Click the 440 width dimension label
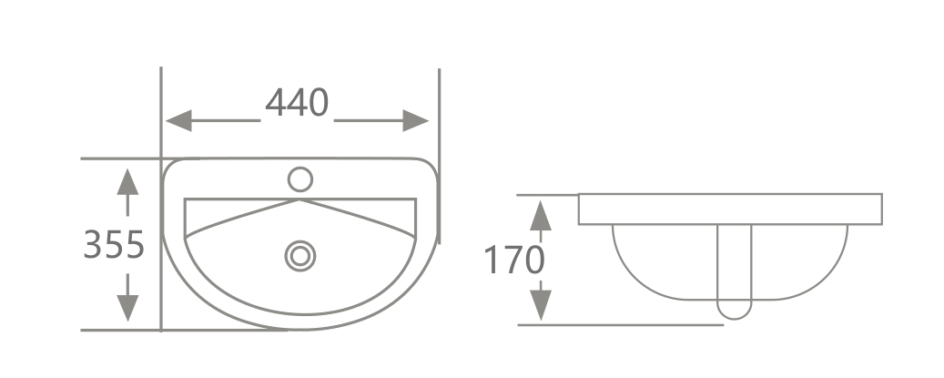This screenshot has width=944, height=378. (297, 103)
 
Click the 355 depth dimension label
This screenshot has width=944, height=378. (115, 244)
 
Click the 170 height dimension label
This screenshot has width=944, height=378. (513, 261)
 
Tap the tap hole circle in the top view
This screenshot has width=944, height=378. (299, 179)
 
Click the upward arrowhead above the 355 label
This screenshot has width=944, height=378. (127, 181)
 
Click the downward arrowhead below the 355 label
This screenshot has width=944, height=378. (127, 308)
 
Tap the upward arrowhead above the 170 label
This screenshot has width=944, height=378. (541, 215)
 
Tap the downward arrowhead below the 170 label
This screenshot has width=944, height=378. (541, 304)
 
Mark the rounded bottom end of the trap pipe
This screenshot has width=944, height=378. (735, 312)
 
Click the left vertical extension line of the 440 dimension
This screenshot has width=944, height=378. (161, 109)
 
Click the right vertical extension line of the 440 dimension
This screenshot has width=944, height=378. (439, 109)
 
